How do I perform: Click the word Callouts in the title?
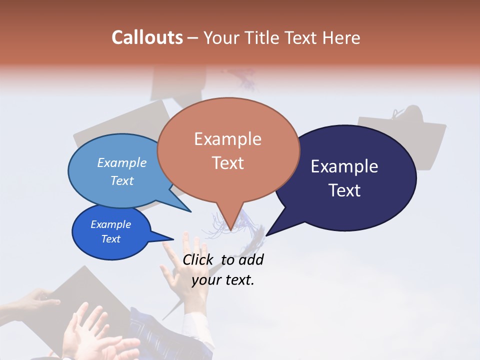click(147, 37)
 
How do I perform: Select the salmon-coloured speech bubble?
click(228, 150)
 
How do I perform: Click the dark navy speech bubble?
click(345, 178)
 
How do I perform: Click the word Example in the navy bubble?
click(344, 166)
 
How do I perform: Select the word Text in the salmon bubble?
click(228, 163)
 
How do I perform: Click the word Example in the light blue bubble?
click(121, 163)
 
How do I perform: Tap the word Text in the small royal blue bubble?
click(111, 239)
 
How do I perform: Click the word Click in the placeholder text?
click(198, 259)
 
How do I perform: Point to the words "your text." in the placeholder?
click(223, 280)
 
